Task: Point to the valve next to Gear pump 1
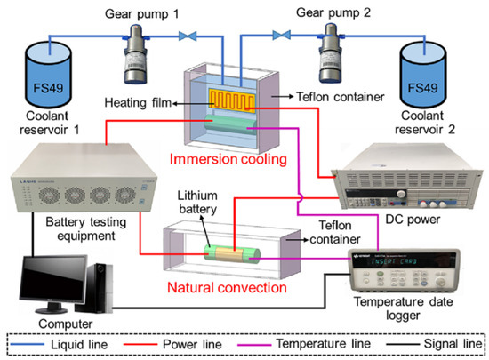click(x=188, y=36)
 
